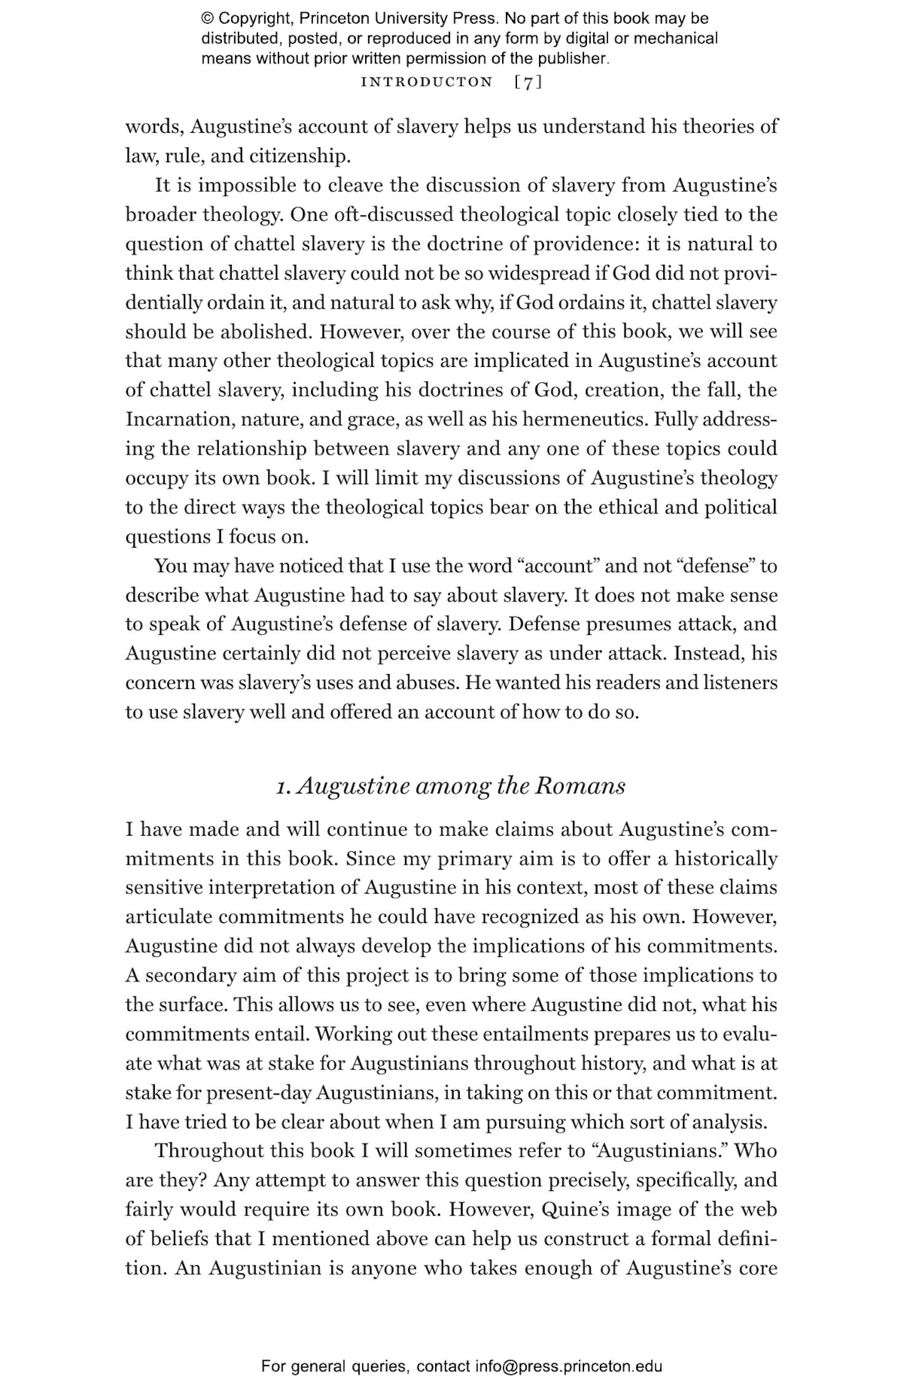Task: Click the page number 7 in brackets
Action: (528, 82)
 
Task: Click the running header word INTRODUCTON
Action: (427, 82)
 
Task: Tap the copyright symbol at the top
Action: (207, 18)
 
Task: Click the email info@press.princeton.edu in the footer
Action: (568, 1367)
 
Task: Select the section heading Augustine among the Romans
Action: (451, 786)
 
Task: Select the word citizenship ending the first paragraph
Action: (299, 156)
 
